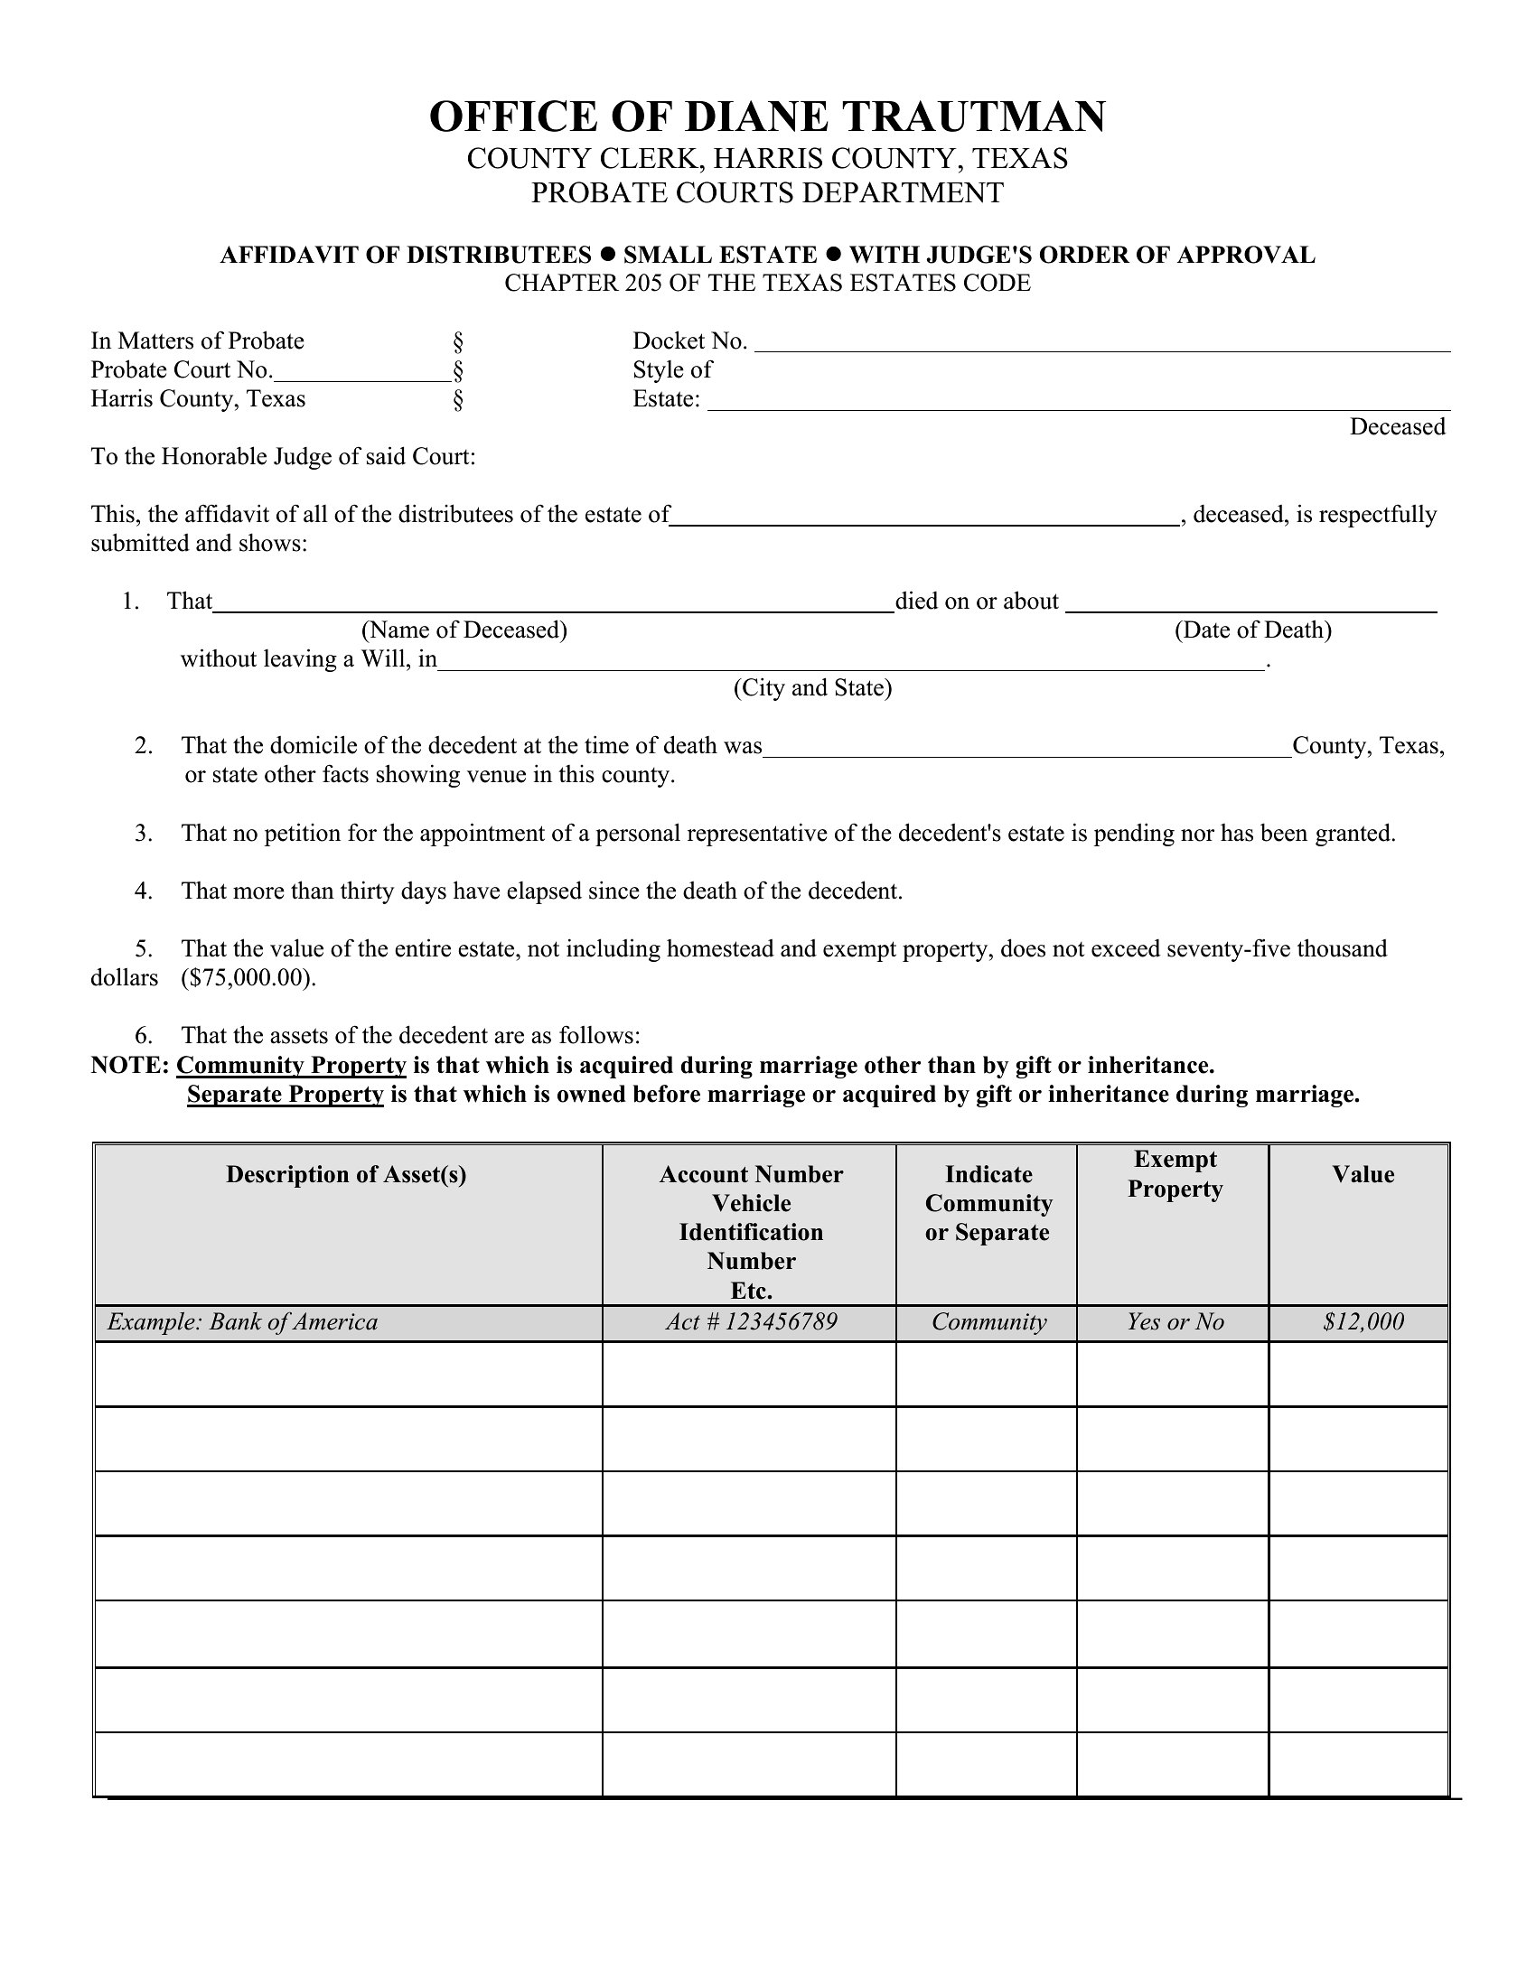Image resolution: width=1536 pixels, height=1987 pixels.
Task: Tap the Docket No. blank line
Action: pyautogui.click(x=1102, y=344)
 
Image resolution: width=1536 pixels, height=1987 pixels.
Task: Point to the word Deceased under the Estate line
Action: pyautogui.click(x=1397, y=426)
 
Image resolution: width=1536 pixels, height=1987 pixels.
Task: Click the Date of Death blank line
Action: pyautogui.click(x=1251, y=605)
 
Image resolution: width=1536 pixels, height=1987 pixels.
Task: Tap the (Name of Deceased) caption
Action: pyautogui.click(x=464, y=630)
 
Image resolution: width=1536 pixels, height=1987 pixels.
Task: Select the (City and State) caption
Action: pyautogui.click(x=812, y=688)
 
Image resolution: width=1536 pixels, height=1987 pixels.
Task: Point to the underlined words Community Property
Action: pyautogui.click(x=291, y=1066)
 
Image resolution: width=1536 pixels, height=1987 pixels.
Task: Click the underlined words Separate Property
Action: pyautogui.click(x=285, y=1095)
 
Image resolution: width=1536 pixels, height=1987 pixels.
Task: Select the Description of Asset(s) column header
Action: pyautogui.click(x=347, y=1174)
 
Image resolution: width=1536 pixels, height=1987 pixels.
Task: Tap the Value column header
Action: pyautogui.click(x=1363, y=1174)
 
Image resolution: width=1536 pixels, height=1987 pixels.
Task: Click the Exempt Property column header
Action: pyautogui.click(x=1175, y=1173)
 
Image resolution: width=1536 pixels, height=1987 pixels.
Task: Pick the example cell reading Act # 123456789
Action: pyautogui.click(x=751, y=1322)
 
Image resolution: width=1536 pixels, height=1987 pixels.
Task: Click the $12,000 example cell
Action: pyautogui.click(x=1363, y=1322)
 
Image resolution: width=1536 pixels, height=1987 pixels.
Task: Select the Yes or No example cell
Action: pyautogui.click(x=1175, y=1322)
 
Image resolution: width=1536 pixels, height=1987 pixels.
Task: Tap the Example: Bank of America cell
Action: pyautogui.click(x=243, y=1322)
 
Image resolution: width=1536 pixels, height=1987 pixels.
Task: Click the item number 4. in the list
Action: pyautogui.click(x=144, y=891)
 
